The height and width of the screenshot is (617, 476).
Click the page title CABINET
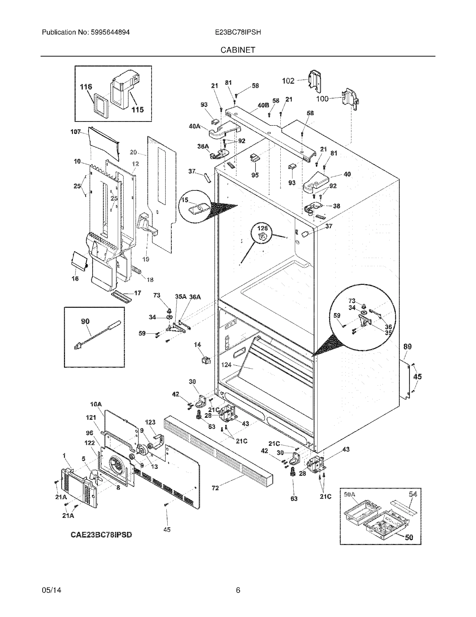[x=237, y=50]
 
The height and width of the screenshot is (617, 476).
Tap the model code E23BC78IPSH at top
[x=237, y=32]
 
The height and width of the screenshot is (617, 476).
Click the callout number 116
[x=86, y=87]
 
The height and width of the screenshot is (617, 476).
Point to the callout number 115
[x=138, y=110]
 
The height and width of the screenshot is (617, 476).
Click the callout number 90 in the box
[x=85, y=321]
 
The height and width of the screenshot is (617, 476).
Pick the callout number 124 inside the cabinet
[x=226, y=365]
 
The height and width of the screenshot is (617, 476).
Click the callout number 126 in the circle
[x=262, y=228]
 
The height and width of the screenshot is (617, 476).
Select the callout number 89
[x=407, y=346]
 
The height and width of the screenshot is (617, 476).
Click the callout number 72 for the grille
[x=215, y=488]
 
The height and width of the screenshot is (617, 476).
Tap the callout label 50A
[x=350, y=494]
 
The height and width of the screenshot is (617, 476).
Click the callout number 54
[x=413, y=494]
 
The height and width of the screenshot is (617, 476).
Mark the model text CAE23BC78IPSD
[x=101, y=534]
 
